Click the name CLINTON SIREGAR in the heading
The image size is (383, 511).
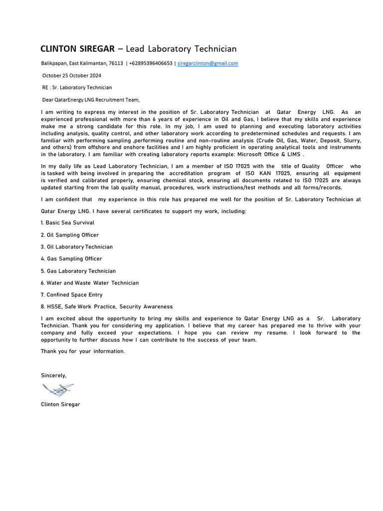(77, 49)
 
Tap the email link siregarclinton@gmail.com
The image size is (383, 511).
(208, 63)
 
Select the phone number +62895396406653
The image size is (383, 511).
(151, 63)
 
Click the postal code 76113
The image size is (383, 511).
(116, 63)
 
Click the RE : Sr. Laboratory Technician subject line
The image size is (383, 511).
(77, 87)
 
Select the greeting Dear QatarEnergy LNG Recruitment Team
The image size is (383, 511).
(91, 99)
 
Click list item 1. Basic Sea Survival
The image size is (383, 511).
(67, 223)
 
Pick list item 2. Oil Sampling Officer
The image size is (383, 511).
(70, 235)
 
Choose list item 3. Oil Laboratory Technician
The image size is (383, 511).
(77, 247)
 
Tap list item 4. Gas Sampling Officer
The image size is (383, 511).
(71, 258)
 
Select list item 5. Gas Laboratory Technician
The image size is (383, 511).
(78, 271)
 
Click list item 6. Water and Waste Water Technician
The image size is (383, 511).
(90, 283)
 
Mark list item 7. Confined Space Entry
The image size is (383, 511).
(71, 295)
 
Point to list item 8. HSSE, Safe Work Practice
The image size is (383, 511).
(107, 307)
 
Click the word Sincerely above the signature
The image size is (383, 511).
(53, 375)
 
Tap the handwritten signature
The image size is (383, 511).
(58, 390)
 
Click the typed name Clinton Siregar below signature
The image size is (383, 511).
(60, 404)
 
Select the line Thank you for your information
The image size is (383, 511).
(83, 351)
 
